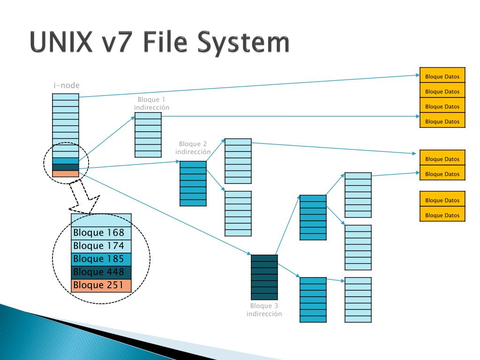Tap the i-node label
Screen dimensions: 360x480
point(66,85)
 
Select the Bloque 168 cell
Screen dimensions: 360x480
point(101,233)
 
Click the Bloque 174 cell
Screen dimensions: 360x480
point(101,246)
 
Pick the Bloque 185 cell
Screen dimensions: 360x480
point(101,259)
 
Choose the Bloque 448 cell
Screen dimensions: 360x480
point(101,272)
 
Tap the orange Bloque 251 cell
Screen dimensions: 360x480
point(101,285)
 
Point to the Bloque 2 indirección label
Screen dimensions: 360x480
point(193,148)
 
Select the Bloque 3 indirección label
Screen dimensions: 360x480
point(264,310)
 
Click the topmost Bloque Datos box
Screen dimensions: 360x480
point(442,76)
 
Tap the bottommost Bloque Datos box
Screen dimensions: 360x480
point(442,215)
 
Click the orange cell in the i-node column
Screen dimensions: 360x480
point(66,174)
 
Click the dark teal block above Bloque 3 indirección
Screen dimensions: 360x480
point(264,277)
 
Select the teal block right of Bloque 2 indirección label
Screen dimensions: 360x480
point(193,183)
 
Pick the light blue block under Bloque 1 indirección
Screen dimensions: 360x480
point(148,135)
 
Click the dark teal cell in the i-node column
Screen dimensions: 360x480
point(66,167)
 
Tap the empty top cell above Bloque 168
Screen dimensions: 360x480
point(101,220)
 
